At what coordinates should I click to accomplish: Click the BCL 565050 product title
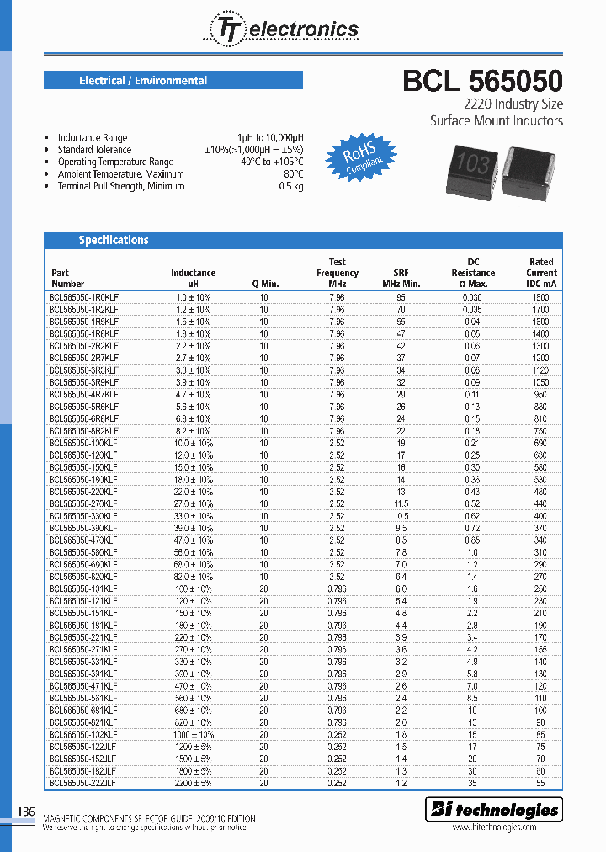pyautogui.click(x=482, y=81)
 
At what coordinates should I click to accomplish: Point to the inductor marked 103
pyautogui.click(x=464, y=162)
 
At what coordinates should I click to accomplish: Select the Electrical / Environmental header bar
pyautogui.click(x=173, y=81)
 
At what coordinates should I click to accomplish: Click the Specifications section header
pyautogui.click(x=114, y=240)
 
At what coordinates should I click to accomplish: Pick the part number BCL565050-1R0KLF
pyautogui.click(x=83, y=297)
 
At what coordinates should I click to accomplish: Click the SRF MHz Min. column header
pyautogui.click(x=401, y=278)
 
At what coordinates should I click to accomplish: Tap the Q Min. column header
pyautogui.click(x=265, y=284)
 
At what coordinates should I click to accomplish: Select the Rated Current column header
pyautogui.click(x=541, y=273)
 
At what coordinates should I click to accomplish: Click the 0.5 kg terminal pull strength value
pyautogui.click(x=290, y=186)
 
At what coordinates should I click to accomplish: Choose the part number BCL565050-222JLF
pyautogui.click(x=83, y=782)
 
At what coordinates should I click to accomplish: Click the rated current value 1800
pyautogui.click(x=540, y=297)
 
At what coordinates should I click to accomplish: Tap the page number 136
pyautogui.click(x=26, y=812)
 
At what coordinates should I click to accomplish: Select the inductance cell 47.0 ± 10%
pyautogui.click(x=193, y=540)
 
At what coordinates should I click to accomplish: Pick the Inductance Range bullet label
pyautogui.click(x=93, y=137)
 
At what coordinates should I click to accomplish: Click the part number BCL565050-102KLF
pyautogui.click(x=83, y=734)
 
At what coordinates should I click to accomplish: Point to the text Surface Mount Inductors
pyautogui.click(x=497, y=120)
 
